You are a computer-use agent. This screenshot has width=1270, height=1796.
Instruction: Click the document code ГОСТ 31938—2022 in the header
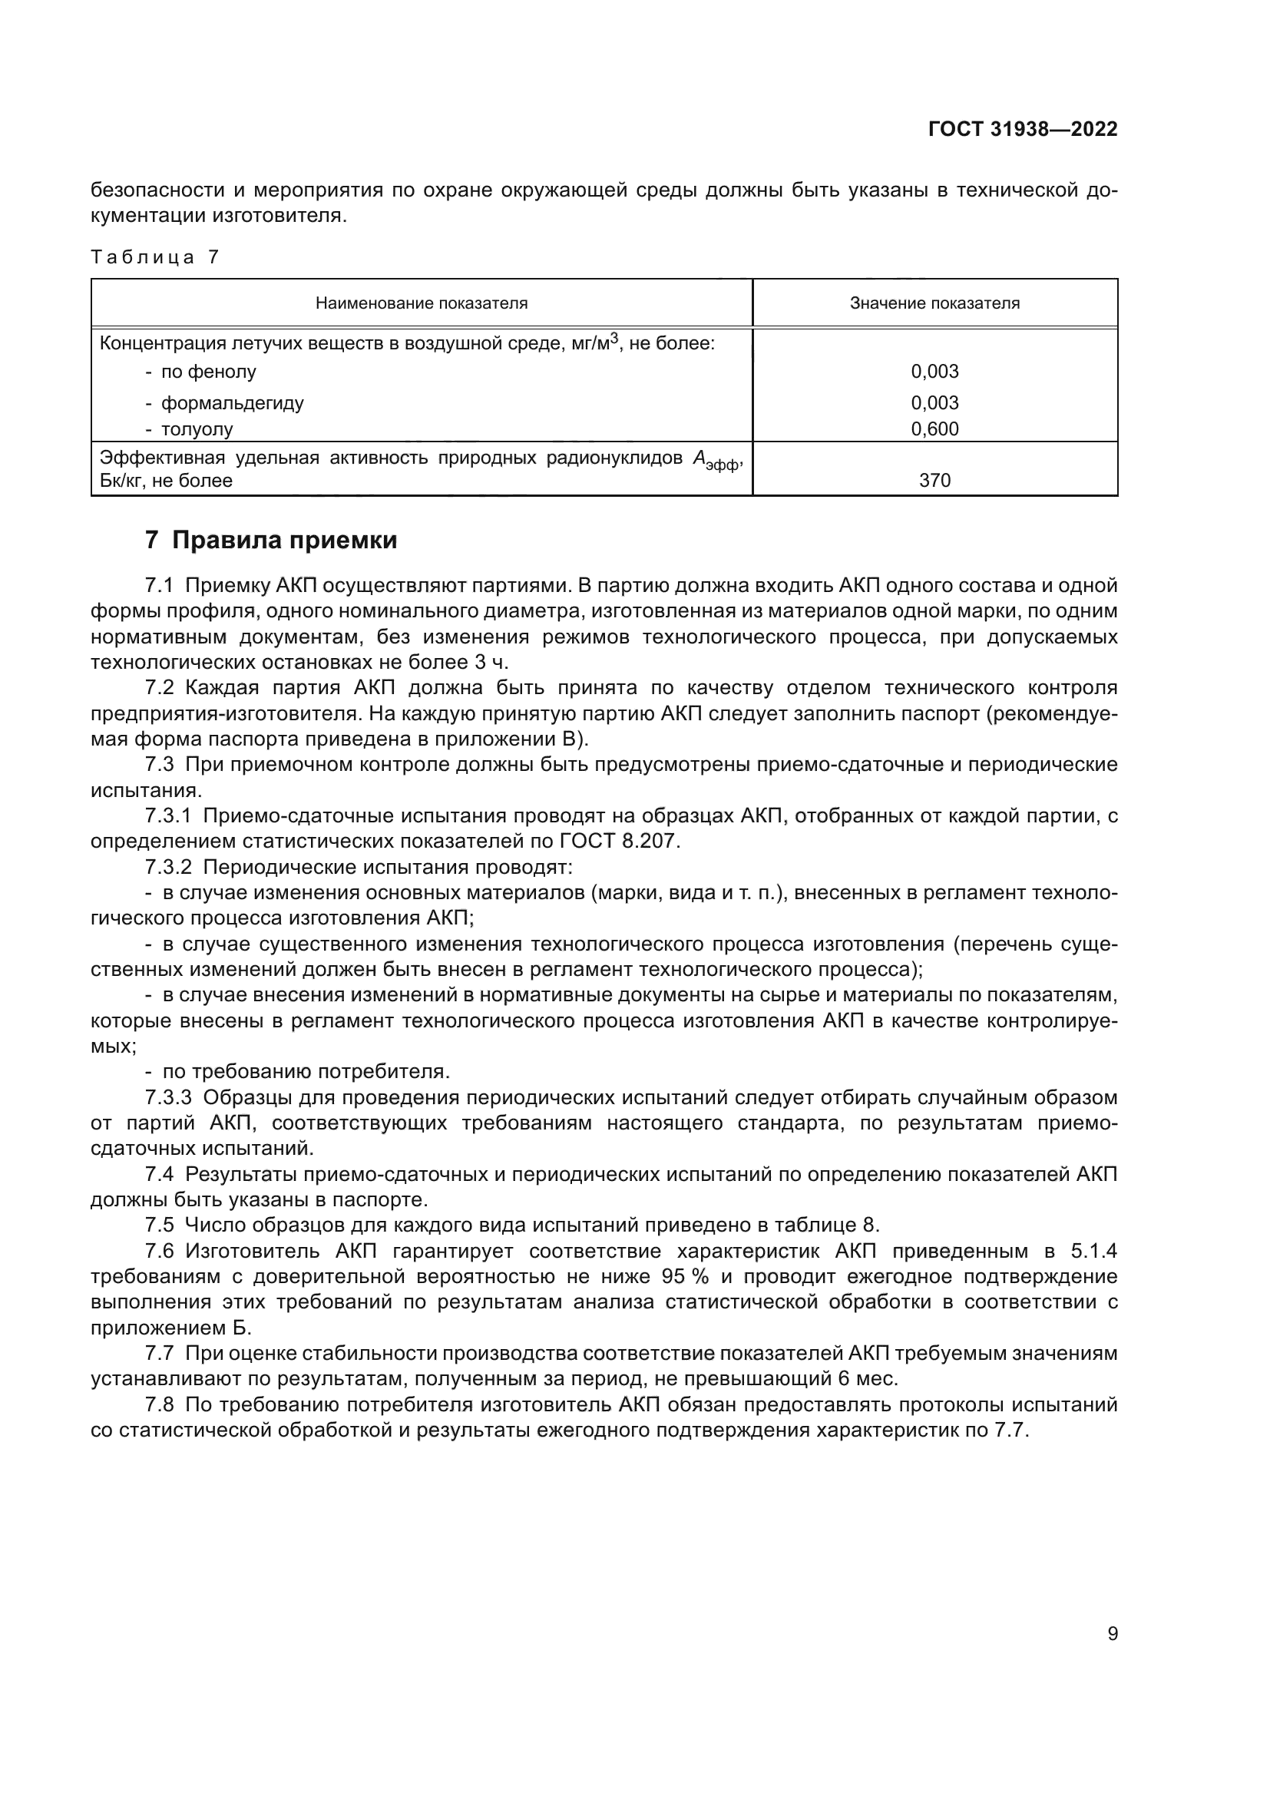[x=1022, y=129]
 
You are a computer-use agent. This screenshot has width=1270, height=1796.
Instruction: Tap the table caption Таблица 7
[x=155, y=257]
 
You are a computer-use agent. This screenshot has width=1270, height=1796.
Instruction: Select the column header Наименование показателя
[x=422, y=303]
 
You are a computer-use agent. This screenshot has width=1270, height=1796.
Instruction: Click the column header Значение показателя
[x=934, y=303]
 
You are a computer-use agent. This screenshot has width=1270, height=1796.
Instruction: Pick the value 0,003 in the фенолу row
[x=934, y=372]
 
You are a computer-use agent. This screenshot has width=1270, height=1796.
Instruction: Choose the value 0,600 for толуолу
[x=934, y=428]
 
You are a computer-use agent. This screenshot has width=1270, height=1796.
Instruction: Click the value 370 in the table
[x=934, y=480]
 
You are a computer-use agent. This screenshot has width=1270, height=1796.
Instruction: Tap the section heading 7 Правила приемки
[x=271, y=541]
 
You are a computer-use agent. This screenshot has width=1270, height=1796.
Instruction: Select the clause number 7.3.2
[x=168, y=868]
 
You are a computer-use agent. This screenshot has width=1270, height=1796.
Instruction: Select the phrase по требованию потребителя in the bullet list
[x=306, y=1072]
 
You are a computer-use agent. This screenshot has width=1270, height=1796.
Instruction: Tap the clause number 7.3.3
[x=168, y=1097]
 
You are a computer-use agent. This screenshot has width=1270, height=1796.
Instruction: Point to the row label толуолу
[x=197, y=429]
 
